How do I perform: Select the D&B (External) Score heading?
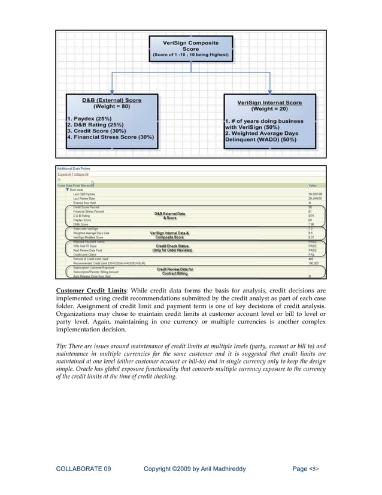click(111, 100)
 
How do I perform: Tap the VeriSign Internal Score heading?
click(269, 102)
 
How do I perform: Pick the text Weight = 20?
click(269, 110)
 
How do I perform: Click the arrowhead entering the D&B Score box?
click(111, 90)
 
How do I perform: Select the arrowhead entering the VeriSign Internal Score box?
click(270, 90)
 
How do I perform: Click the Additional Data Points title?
click(74, 169)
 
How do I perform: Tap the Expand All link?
click(63, 174)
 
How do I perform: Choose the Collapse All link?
click(80, 174)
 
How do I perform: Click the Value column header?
click(312, 186)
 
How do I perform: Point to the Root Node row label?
click(77, 190)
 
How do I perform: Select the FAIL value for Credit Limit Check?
click(311, 255)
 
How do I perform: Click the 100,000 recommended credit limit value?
click(313, 263)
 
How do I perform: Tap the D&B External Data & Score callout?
click(169, 216)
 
